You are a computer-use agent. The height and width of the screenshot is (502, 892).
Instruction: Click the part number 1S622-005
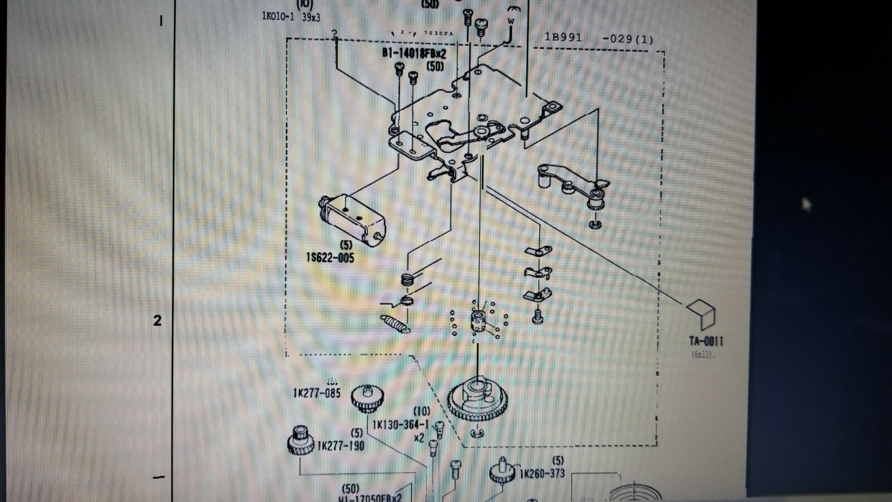[x=330, y=258]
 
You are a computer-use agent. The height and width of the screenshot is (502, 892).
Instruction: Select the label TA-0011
[x=706, y=341]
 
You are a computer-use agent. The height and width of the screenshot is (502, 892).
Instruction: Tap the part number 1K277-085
[x=317, y=393]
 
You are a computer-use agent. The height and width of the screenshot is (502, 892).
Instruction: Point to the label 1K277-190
[x=340, y=446]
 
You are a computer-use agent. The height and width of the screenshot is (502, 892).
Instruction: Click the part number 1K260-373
[x=542, y=474]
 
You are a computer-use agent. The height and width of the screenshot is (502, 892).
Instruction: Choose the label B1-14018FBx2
[x=414, y=54]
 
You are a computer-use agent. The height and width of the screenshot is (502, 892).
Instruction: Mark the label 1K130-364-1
[x=400, y=424]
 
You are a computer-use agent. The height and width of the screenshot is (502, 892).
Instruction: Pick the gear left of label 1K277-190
[x=301, y=440]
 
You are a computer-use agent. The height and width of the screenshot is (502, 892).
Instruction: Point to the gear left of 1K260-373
[x=502, y=472]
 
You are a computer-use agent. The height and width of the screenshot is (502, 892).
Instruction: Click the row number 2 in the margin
[x=157, y=320]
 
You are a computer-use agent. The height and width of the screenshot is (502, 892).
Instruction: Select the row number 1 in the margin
[x=162, y=21]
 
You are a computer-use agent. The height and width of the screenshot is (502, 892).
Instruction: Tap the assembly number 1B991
[x=563, y=37]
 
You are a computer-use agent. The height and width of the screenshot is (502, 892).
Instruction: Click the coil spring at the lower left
[x=395, y=324]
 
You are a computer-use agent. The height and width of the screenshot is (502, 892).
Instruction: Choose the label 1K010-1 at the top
[x=278, y=16]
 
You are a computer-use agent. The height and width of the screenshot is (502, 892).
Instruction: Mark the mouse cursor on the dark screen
[x=806, y=204]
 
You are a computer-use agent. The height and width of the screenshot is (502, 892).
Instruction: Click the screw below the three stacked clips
[x=538, y=317]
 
